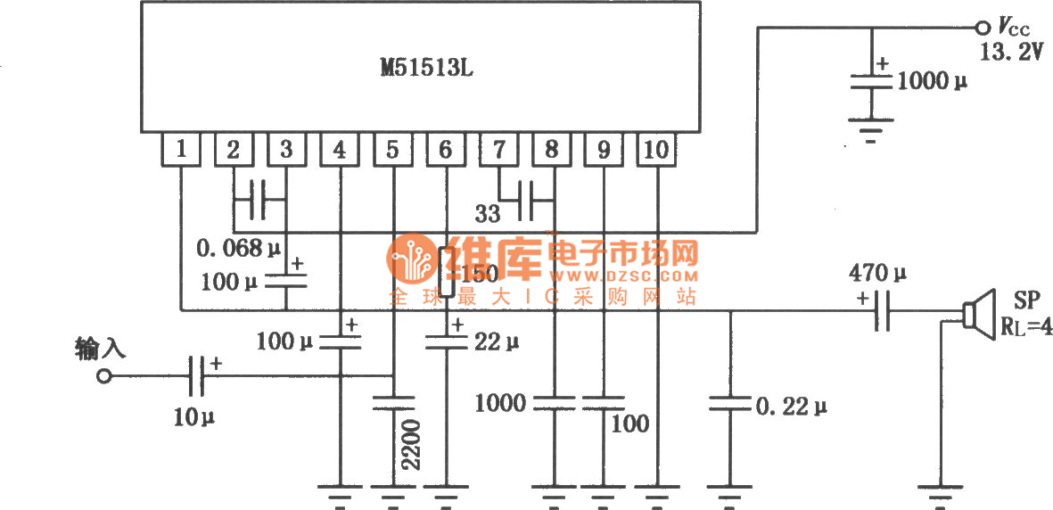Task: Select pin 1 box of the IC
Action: [x=181, y=150]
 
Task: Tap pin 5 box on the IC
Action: [x=392, y=150]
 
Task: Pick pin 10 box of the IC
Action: [x=656, y=150]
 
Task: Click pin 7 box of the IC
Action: [x=498, y=150]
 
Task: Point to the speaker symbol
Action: [x=979, y=315]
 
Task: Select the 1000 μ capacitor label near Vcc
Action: [x=932, y=81]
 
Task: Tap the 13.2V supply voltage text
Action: [x=1010, y=53]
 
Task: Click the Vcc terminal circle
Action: [x=983, y=27]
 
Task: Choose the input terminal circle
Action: [x=104, y=376]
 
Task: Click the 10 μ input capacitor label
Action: [x=194, y=415]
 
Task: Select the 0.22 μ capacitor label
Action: [x=792, y=407]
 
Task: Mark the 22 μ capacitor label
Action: [x=495, y=341]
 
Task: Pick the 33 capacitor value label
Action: [x=487, y=215]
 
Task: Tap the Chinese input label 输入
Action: [x=100, y=349]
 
